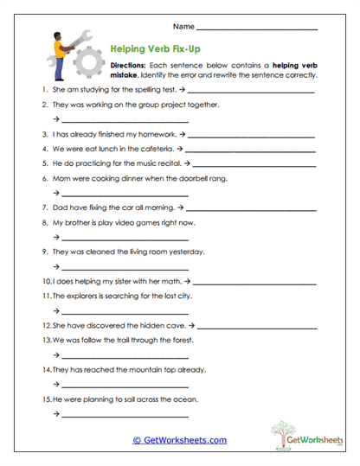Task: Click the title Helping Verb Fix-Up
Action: (156, 49)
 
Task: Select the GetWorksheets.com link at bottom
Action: (179, 440)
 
